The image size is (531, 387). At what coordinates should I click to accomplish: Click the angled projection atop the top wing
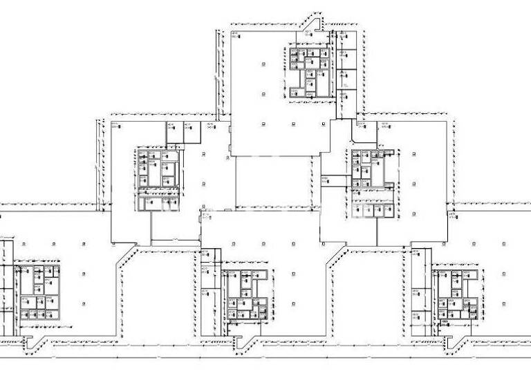click(x=313, y=25)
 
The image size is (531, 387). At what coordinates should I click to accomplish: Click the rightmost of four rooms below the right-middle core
click(x=388, y=210)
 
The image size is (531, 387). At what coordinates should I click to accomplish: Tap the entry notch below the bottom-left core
click(x=28, y=341)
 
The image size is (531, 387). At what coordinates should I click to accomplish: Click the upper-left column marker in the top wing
click(x=263, y=64)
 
